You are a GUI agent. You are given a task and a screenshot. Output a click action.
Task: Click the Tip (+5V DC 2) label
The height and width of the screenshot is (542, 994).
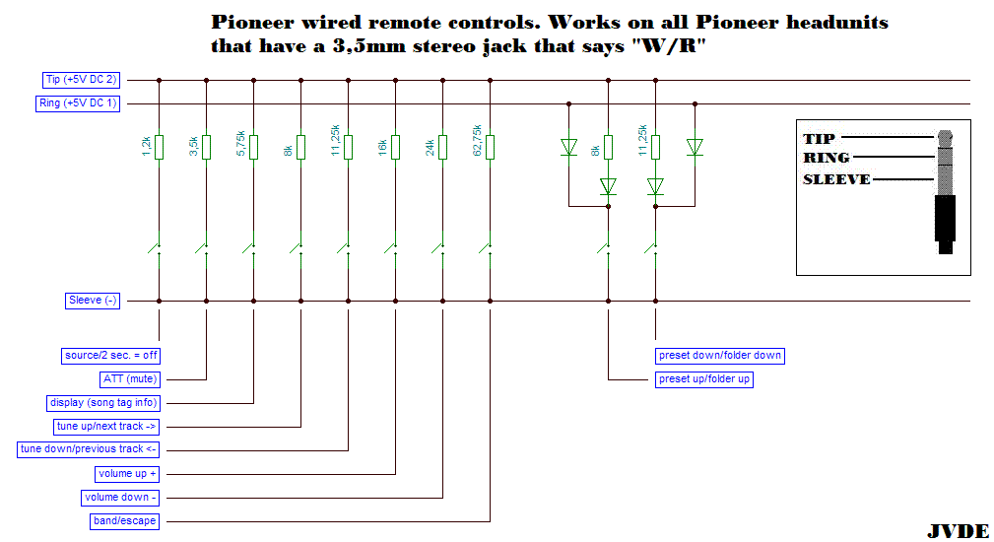click(82, 80)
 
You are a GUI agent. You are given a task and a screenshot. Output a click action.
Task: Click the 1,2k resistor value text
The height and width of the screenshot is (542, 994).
click(146, 147)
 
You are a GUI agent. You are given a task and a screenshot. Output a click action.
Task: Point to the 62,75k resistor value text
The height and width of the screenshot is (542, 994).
click(478, 141)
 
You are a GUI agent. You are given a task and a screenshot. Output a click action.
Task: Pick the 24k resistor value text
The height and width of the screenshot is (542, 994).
click(430, 148)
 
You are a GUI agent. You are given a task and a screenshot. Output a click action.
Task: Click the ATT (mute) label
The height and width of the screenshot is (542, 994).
click(129, 378)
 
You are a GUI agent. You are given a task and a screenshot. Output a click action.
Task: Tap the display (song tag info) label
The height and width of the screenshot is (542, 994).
click(103, 402)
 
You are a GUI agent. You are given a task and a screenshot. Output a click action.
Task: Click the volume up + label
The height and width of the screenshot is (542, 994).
click(127, 473)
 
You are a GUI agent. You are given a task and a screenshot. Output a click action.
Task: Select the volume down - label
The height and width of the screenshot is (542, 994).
click(120, 497)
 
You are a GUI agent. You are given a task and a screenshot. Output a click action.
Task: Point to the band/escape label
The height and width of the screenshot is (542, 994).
click(123, 520)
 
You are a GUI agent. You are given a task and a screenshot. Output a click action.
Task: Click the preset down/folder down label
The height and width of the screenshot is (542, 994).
click(720, 355)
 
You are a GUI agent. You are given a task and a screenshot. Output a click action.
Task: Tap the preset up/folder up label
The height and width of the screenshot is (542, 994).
click(704, 378)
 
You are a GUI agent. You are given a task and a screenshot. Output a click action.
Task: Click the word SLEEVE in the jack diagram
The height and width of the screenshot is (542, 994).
click(836, 179)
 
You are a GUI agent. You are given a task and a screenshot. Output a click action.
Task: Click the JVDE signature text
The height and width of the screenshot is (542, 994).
click(957, 531)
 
